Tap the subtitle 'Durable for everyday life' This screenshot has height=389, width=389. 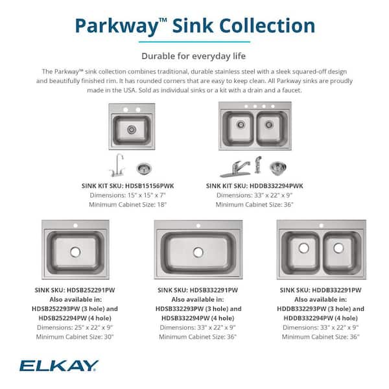(194, 56)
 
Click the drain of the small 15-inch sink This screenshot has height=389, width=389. (132, 130)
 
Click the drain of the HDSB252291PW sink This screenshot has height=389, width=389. (75, 251)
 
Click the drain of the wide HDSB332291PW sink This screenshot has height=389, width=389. (198, 252)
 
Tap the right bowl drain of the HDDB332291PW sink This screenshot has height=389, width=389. (338, 248)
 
